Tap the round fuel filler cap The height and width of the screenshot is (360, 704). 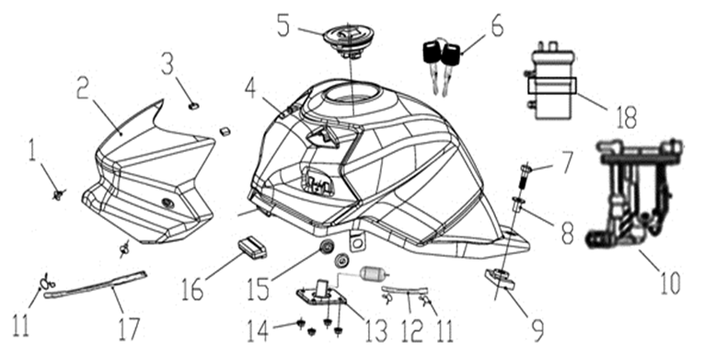pyautogui.click(x=350, y=38)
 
